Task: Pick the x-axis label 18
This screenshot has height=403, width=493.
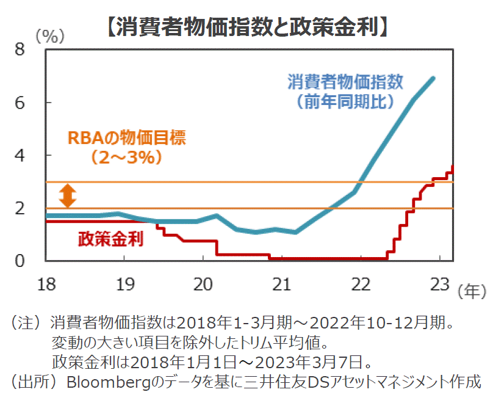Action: click(x=45, y=284)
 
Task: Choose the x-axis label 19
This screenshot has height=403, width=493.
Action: click(x=124, y=284)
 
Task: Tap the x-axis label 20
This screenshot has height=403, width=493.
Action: click(x=203, y=284)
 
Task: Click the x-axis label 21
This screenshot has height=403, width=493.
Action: click(x=282, y=284)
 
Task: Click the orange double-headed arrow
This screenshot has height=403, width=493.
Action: click(x=67, y=195)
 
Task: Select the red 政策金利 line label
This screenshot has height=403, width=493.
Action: click(x=110, y=239)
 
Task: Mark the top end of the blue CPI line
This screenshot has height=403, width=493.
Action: click(x=433, y=78)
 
